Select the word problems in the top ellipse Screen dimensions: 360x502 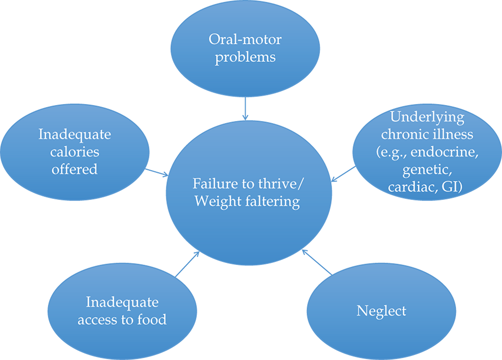pyautogui.click(x=245, y=57)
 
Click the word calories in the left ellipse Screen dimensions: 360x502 pyautogui.click(x=75, y=151)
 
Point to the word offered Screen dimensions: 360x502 pyautogui.click(x=75, y=168)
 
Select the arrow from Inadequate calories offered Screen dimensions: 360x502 pyautogui.click(x=156, y=171)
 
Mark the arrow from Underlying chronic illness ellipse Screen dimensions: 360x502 pyautogui.click(x=344, y=173)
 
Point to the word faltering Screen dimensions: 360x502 pyautogui.click(x=270, y=201)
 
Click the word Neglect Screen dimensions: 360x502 pyautogui.click(x=381, y=311)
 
